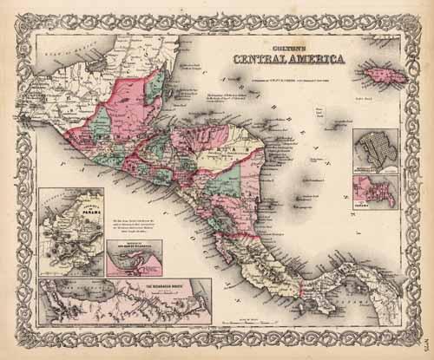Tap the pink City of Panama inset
click(375, 190)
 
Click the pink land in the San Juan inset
click(130, 269)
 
